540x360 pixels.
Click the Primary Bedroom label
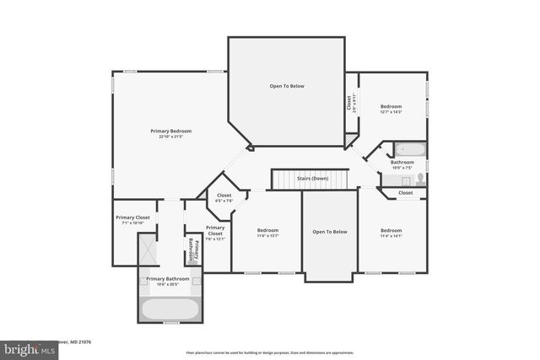tap(171, 131)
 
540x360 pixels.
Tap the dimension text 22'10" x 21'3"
tap(171, 137)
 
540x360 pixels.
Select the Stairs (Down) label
tap(312, 179)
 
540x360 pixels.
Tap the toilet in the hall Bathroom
tap(419, 180)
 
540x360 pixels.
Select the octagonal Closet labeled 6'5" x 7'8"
tap(224, 196)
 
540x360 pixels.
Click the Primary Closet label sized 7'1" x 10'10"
tap(132, 218)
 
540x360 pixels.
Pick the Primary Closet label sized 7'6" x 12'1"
tap(215, 228)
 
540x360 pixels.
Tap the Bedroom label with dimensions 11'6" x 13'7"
tap(267, 230)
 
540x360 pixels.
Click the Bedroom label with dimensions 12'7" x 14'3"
tap(391, 106)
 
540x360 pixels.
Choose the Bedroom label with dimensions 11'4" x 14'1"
tap(391, 230)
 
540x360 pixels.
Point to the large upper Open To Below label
tap(287, 86)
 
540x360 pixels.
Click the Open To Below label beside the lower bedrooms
tap(329, 231)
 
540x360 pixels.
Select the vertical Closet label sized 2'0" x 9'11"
tap(349, 103)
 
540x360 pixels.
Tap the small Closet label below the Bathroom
tap(406, 192)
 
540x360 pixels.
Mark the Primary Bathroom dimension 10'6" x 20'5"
tap(167, 284)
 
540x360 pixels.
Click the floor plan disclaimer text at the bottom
tap(270, 352)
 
